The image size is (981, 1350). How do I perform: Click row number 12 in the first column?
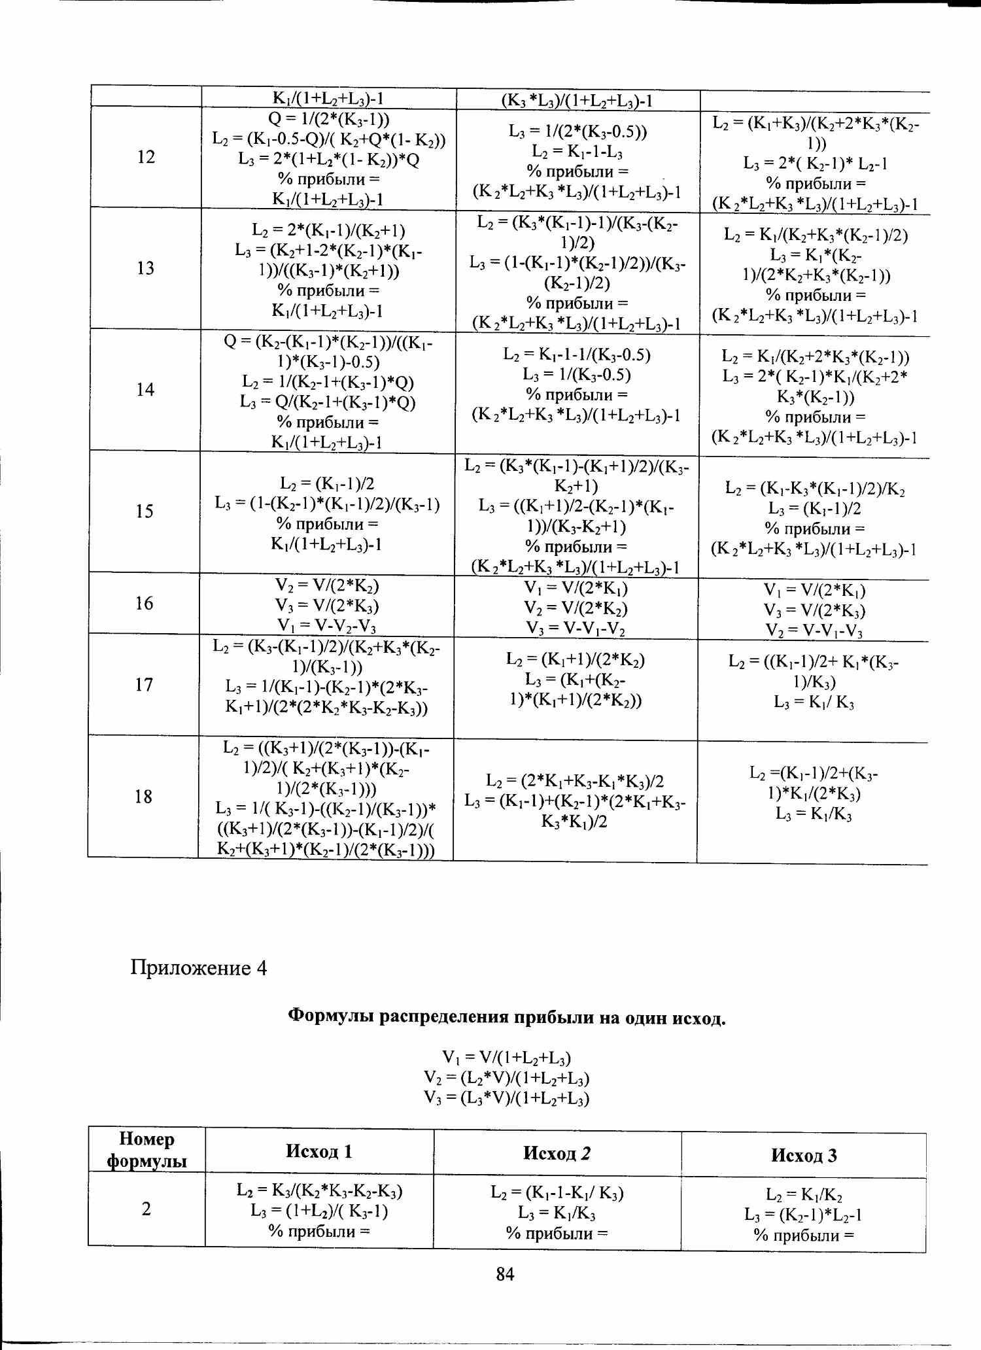tap(146, 157)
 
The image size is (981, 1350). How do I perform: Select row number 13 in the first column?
tap(145, 268)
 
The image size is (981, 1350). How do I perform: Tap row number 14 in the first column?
tap(145, 390)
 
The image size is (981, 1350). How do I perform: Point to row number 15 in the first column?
tap(145, 511)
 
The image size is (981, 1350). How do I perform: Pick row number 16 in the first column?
tap(145, 603)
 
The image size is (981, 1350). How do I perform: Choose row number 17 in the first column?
tap(144, 685)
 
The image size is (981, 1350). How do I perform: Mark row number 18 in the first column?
tap(143, 797)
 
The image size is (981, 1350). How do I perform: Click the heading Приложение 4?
tap(199, 967)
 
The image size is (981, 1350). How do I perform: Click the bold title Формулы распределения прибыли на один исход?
tap(507, 1017)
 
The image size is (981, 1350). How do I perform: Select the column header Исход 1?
tap(319, 1151)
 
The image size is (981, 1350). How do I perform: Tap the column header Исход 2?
tap(557, 1152)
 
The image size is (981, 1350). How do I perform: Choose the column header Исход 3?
tap(804, 1155)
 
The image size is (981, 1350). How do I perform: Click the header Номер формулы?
tap(146, 1150)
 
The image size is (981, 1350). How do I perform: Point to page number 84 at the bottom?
tap(506, 1273)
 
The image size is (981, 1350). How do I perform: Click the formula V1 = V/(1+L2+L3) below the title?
tap(506, 1058)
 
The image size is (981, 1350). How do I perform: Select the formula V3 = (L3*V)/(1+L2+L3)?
tap(506, 1098)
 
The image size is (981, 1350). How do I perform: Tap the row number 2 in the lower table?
tap(146, 1209)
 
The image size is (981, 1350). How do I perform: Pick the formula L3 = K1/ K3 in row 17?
tap(814, 702)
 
